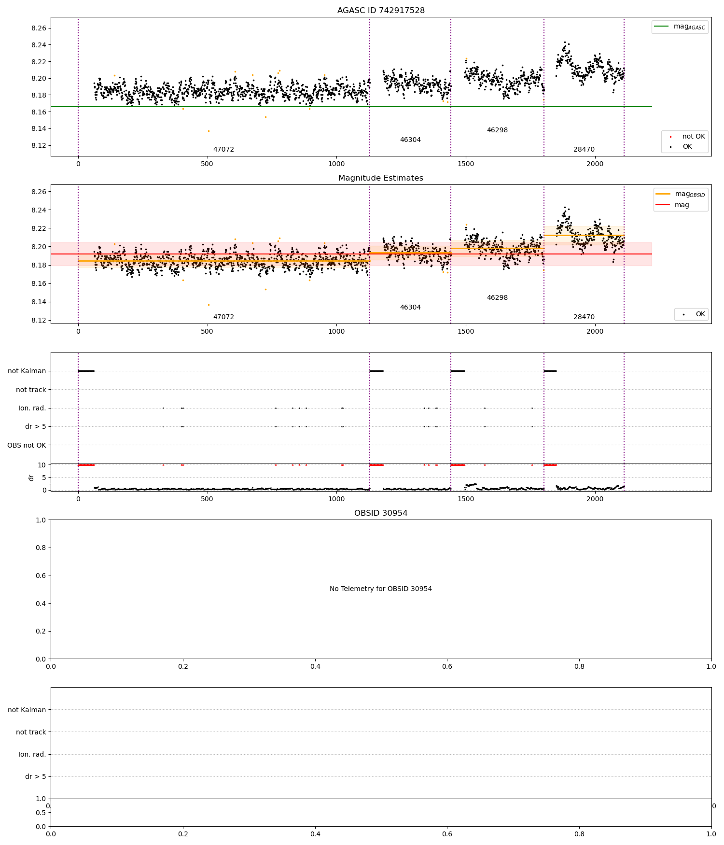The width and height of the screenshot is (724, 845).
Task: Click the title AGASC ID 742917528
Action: click(x=381, y=11)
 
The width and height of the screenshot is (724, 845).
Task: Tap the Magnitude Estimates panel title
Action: click(x=381, y=178)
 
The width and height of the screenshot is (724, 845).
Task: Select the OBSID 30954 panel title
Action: click(x=381, y=513)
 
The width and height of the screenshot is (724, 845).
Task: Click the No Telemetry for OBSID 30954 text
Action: click(x=381, y=589)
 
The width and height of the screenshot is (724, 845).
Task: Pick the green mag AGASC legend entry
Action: click(x=680, y=27)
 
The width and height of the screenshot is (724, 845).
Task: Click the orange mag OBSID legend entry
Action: click(x=681, y=194)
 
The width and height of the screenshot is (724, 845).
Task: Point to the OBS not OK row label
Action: click(x=27, y=445)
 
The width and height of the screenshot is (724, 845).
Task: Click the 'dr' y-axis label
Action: click(x=31, y=478)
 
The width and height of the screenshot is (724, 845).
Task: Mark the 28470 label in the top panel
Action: click(x=584, y=150)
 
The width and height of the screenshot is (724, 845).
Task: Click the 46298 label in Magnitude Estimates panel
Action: click(x=497, y=298)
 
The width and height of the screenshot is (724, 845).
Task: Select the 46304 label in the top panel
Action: click(x=410, y=140)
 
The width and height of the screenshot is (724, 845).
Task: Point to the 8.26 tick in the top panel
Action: click(x=39, y=28)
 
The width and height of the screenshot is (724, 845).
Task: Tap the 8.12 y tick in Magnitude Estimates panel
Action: click(x=39, y=321)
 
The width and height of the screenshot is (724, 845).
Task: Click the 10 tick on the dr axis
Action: click(x=42, y=465)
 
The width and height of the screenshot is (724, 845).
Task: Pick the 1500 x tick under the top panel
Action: click(x=466, y=163)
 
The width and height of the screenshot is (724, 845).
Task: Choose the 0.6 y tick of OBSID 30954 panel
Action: click(x=42, y=576)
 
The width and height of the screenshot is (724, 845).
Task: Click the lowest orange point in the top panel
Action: click(x=209, y=131)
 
